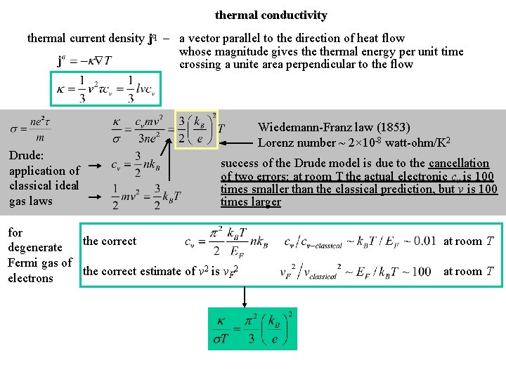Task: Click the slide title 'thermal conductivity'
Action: point(271,15)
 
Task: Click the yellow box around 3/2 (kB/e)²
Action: point(196,130)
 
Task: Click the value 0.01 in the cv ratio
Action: point(424,241)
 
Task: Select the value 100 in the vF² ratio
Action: point(422,272)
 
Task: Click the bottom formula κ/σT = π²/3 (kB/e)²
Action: point(252,328)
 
